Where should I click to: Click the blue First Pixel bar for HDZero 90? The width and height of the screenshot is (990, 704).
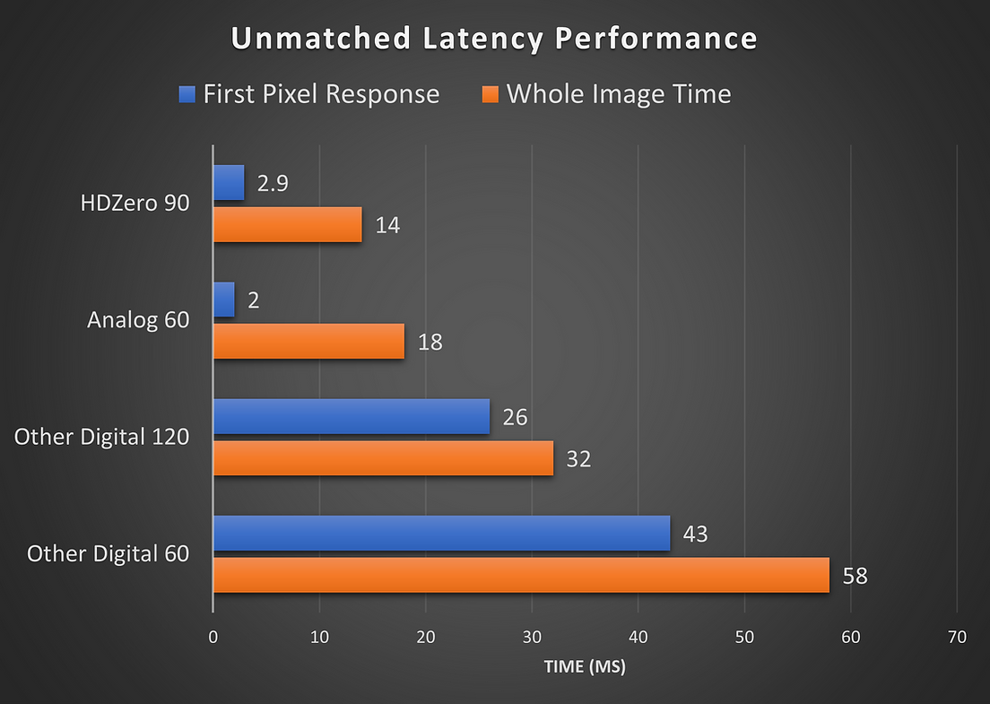pyautogui.click(x=229, y=183)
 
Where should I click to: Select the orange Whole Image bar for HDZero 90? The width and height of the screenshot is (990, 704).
pyautogui.click(x=288, y=224)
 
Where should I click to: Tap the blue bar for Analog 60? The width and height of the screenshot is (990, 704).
pyautogui.click(x=224, y=300)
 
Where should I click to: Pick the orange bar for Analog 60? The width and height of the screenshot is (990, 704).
pyautogui.click(x=308, y=342)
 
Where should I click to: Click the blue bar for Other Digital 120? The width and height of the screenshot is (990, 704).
pyautogui.click(x=352, y=417)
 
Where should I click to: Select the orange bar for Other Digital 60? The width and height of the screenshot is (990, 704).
pyautogui.click(x=521, y=575)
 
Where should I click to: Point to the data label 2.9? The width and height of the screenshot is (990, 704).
pyautogui.click(x=273, y=184)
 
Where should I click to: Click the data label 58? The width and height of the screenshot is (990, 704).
pyautogui.click(x=855, y=576)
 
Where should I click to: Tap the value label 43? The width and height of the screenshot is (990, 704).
pyautogui.click(x=695, y=535)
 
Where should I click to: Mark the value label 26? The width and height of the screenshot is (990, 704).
pyautogui.click(x=515, y=418)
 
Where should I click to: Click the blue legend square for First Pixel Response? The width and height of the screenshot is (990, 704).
pyautogui.click(x=187, y=94)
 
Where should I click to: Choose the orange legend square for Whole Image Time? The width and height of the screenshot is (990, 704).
pyautogui.click(x=490, y=94)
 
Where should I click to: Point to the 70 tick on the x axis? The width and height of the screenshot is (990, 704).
pyautogui.click(x=957, y=638)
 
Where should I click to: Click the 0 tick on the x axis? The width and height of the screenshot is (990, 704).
pyautogui.click(x=213, y=638)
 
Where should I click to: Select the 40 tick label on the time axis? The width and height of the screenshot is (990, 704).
pyautogui.click(x=638, y=638)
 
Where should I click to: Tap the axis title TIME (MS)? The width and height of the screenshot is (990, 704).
pyautogui.click(x=584, y=668)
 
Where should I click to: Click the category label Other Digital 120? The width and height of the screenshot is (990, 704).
pyautogui.click(x=102, y=437)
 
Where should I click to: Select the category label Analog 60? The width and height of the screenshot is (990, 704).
pyautogui.click(x=138, y=320)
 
